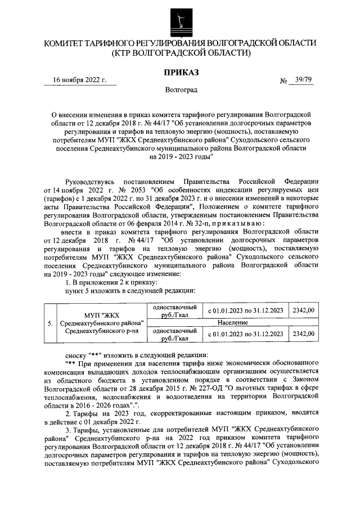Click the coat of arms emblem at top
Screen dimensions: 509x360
pyautogui.click(x=180, y=19)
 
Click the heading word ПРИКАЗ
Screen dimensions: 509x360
pyautogui.click(x=181, y=73)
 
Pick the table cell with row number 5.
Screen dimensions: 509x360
pyautogui.click(x=51, y=323)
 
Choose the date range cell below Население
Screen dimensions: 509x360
pyautogui.click(x=245, y=334)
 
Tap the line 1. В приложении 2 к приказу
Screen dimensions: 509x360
pyautogui.click(x=112, y=282)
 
